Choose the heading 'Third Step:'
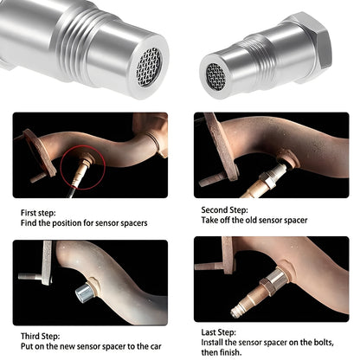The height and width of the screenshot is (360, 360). point(44,335)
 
